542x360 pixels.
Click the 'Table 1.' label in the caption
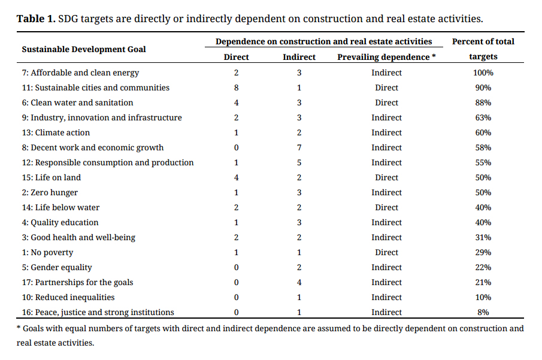pyautogui.click(x=36, y=19)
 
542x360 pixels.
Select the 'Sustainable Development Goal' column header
pyautogui.click(x=84, y=49)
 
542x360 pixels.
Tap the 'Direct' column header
pyautogui.click(x=236, y=57)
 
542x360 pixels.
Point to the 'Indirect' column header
pyautogui.click(x=299, y=57)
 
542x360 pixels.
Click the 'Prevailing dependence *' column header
pyautogui.click(x=386, y=57)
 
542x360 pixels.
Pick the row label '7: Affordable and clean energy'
pyautogui.click(x=80, y=72)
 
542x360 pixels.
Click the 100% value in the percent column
pyautogui.click(x=483, y=72)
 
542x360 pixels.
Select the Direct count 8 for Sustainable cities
pyautogui.click(x=236, y=87)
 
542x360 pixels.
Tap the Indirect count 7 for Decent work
pyautogui.click(x=299, y=148)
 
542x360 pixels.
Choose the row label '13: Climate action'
pyautogui.click(x=56, y=132)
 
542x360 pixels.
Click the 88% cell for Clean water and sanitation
pyautogui.click(x=483, y=102)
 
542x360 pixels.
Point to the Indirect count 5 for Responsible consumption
pyautogui.click(x=299, y=162)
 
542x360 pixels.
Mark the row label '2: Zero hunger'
pyautogui.click(x=50, y=193)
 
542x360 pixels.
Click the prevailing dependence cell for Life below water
pyautogui.click(x=386, y=207)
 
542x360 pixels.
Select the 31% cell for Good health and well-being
pyautogui.click(x=483, y=238)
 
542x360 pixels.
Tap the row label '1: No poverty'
pyautogui.click(x=47, y=252)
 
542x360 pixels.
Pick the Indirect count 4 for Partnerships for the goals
pyautogui.click(x=299, y=283)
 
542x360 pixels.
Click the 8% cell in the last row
pyautogui.click(x=483, y=312)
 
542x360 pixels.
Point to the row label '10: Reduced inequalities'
pyautogui.click(x=68, y=298)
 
